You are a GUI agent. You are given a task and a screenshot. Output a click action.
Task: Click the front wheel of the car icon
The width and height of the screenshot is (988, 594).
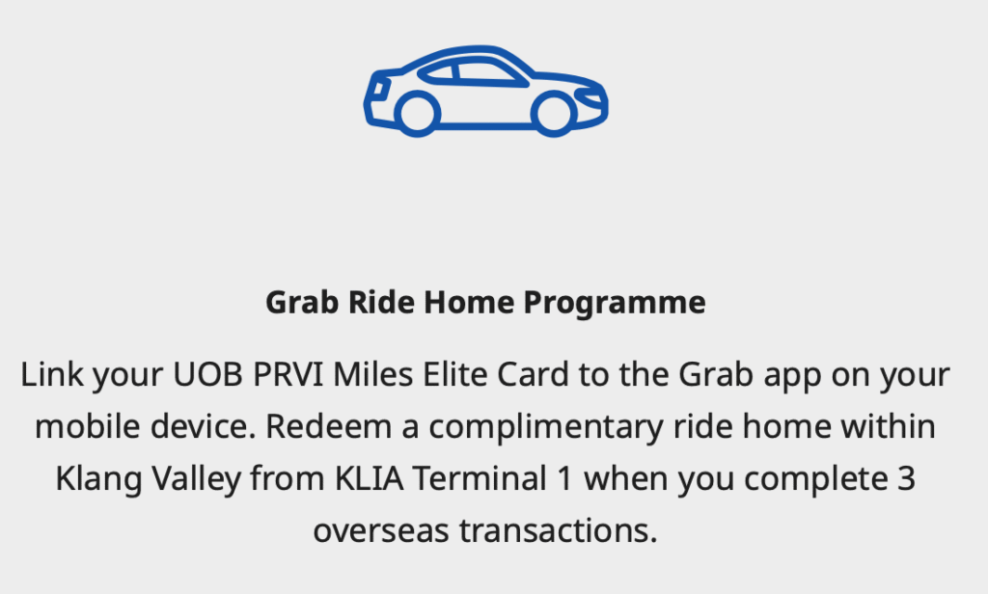click(554, 114)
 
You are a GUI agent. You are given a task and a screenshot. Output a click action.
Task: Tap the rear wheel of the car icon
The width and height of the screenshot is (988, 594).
click(417, 114)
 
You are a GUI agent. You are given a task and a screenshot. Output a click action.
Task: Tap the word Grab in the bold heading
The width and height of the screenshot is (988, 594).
click(302, 302)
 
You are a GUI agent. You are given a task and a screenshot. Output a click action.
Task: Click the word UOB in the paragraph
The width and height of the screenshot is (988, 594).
click(207, 374)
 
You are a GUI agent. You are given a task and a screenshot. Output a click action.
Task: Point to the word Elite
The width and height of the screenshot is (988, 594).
click(455, 374)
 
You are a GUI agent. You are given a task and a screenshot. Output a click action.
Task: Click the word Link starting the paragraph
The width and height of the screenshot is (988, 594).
click(52, 374)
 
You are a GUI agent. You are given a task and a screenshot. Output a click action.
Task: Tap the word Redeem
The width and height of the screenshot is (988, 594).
click(328, 426)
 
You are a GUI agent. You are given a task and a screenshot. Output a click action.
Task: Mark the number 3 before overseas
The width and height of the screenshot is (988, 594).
click(906, 478)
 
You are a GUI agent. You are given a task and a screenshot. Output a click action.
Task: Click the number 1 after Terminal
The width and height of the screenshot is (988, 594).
click(565, 478)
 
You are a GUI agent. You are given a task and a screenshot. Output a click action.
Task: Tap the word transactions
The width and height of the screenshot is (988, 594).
click(559, 531)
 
